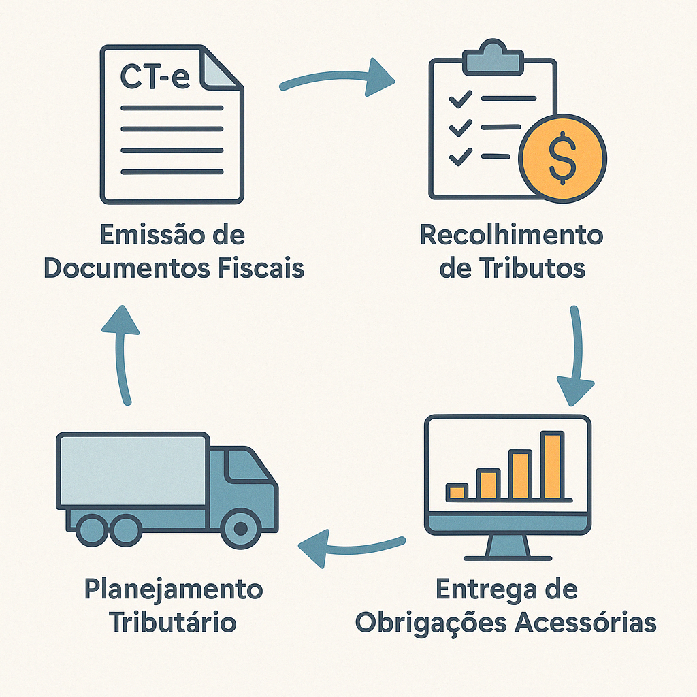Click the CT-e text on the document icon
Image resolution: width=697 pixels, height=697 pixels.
[x=155, y=76]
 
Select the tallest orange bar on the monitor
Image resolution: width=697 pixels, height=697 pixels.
[x=553, y=466]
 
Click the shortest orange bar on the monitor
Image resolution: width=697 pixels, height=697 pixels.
[x=457, y=491]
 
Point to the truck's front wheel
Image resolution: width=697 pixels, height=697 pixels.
[x=239, y=528]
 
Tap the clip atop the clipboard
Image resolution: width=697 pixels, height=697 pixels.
[x=493, y=57]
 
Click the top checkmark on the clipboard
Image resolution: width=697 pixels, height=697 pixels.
[x=461, y=99]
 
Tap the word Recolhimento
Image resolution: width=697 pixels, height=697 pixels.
[x=511, y=236]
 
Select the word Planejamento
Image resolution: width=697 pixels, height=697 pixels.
[x=173, y=589]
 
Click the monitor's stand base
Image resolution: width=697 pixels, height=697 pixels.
[x=508, y=552]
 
